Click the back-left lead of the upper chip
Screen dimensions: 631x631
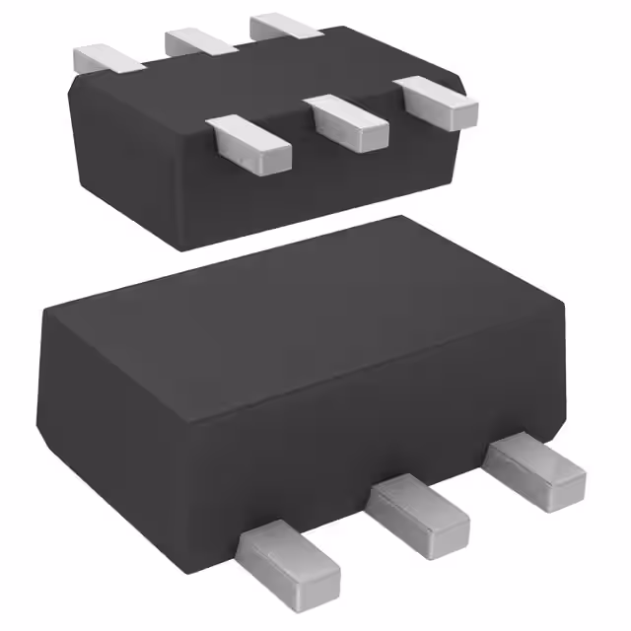pos(109,57)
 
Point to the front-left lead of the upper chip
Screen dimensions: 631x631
pos(251,140)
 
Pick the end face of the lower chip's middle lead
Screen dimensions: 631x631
pos(450,533)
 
